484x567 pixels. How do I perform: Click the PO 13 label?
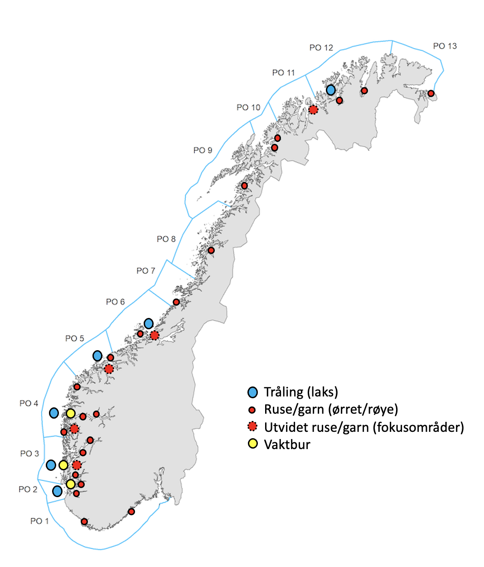click(445, 46)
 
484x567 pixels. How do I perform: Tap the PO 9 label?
click(203, 150)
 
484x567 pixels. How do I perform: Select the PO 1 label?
click(39, 521)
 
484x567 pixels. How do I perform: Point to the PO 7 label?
click(145, 271)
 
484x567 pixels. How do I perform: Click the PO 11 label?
click(283, 73)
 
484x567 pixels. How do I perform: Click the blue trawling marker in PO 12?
click(331, 90)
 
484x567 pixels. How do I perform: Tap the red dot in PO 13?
click(431, 93)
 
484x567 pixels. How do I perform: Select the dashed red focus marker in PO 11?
click(313, 109)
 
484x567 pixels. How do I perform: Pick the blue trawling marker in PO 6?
click(149, 323)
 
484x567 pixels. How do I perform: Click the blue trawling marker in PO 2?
click(57, 491)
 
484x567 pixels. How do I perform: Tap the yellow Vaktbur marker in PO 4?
click(71, 413)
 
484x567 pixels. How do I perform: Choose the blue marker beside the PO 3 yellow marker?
click(51, 465)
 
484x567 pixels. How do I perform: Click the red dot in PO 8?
click(211, 250)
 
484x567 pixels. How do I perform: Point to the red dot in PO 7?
click(176, 302)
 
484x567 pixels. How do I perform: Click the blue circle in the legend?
click(252, 392)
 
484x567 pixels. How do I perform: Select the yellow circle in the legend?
click(252, 444)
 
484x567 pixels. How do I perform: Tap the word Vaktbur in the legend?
click(287, 444)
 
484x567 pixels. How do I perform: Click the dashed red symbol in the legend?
click(252, 427)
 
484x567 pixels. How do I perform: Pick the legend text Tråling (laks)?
click(301, 392)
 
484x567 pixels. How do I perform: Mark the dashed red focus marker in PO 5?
click(109, 369)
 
